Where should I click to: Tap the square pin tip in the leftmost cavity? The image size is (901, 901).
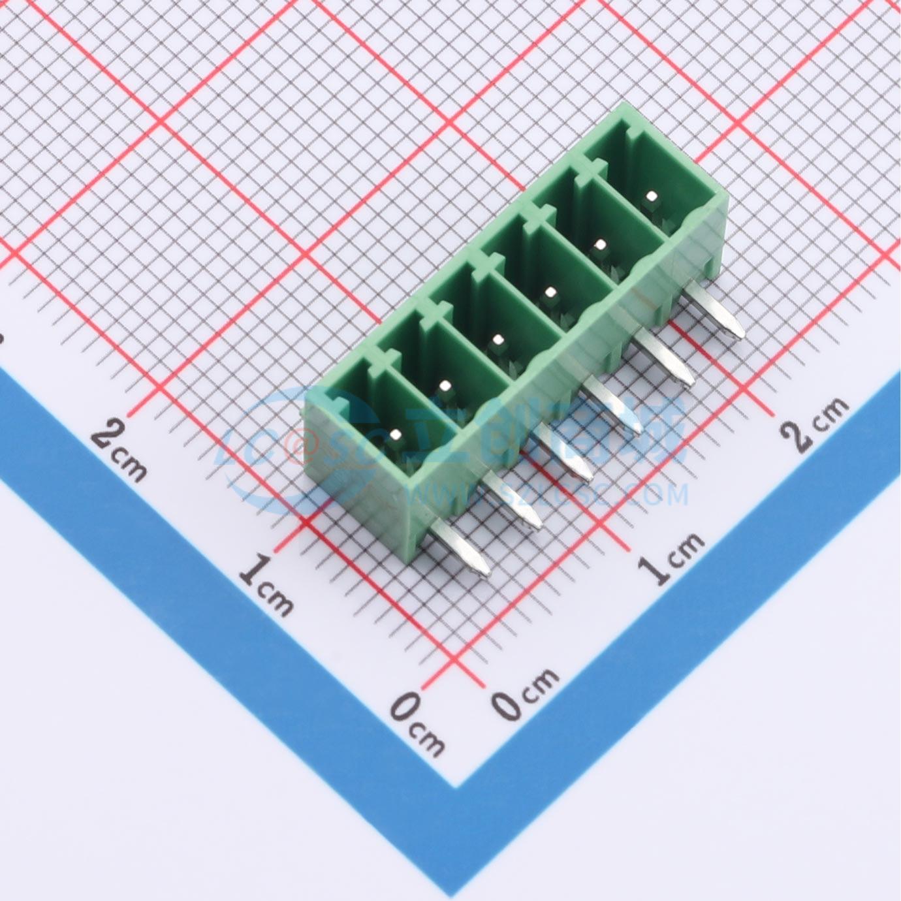(x=396, y=434)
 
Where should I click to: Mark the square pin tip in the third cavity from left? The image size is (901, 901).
(x=498, y=340)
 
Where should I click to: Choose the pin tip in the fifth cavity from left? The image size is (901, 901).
(x=600, y=245)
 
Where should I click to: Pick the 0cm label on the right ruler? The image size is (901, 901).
(x=526, y=693)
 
